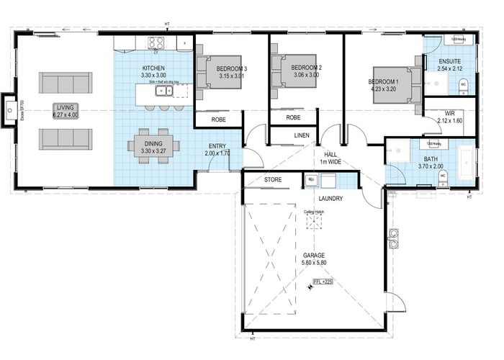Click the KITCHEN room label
[x=153, y=68]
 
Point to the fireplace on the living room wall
[x=9, y=110]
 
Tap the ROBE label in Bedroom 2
[x=293, y=117]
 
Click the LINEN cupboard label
[x=301, y=135]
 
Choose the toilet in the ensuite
[x=463, y=85]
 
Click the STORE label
[x=272, y=179]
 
